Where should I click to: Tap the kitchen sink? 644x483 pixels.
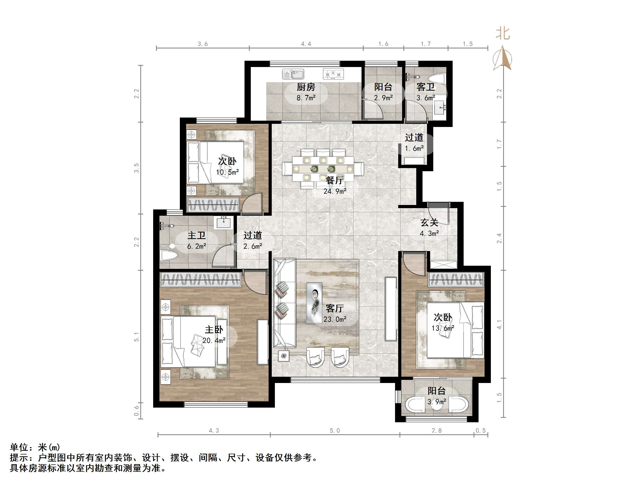(293, 74)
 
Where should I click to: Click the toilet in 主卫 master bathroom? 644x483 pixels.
(169, 256)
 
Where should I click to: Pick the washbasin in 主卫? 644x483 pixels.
(224, 223)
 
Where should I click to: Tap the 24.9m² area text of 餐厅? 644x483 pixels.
(335, 191)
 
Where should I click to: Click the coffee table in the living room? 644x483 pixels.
(314, 303)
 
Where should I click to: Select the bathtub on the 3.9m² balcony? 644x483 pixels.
(437, 405)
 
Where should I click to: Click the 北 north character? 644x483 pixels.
(503, 34)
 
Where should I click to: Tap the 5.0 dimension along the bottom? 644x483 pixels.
(335, 431)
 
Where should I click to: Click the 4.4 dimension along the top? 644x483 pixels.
(306, 44)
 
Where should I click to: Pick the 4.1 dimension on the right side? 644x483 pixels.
(499, 324)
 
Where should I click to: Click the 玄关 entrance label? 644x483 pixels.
(429, 223)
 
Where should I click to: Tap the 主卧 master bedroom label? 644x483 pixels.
(214, 330)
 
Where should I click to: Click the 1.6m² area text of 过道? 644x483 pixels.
(414, 148)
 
